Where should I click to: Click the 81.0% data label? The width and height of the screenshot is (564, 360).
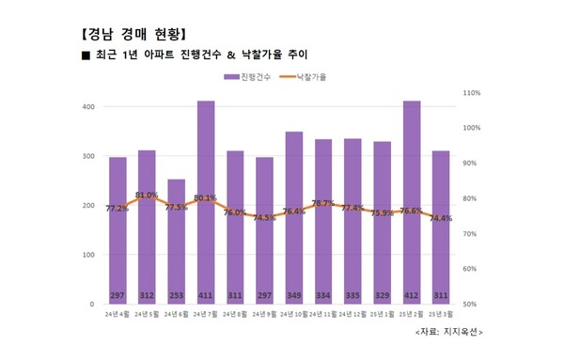147,196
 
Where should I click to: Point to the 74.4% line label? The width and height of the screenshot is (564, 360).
441,218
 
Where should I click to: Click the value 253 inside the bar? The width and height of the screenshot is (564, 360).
177,294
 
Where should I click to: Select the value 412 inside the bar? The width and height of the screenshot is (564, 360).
412,294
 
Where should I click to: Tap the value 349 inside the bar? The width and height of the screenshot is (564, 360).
294,294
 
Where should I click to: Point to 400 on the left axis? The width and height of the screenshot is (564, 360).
87,106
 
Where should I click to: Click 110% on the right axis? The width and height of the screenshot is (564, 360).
472,93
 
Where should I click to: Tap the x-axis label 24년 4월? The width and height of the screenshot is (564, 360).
117,315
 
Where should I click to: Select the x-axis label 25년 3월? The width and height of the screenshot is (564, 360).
441,315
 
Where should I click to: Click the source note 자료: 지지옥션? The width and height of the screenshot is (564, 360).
448,333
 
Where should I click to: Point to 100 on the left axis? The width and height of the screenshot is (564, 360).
87,255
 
